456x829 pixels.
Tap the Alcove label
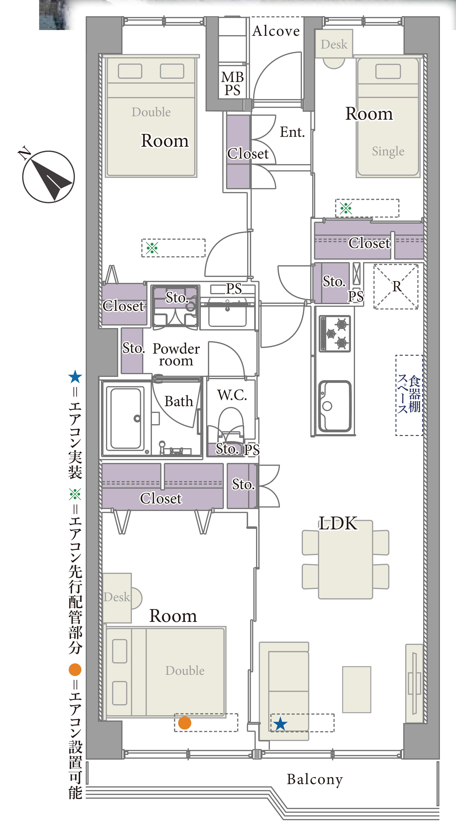(276, 31)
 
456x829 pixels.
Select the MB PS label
(232, 84)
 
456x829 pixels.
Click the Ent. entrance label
(292, 132)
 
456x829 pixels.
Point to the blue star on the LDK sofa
(280, 724)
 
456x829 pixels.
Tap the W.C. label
(232, 395)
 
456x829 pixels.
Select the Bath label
(179, 401)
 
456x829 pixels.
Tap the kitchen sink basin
(335, 406)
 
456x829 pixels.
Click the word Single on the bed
(388, 151)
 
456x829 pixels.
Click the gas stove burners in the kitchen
(335, 333)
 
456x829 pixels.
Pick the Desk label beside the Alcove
(334, 44)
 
